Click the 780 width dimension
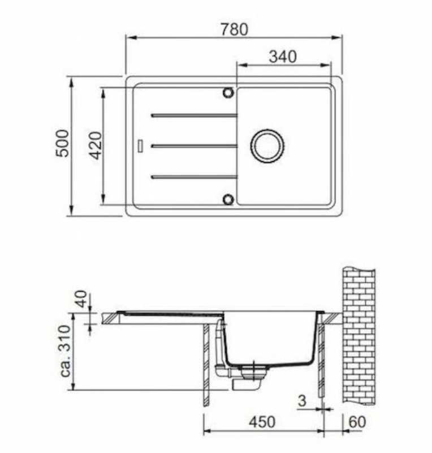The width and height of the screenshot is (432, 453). coord(234,29)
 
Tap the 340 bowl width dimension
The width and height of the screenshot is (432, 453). coord(283,57)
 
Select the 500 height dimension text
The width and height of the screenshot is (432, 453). coord(62,144)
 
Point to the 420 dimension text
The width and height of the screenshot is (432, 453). coord(95,146)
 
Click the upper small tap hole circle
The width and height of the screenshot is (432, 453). coord(228,93)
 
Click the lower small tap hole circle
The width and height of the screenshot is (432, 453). coord(228,199)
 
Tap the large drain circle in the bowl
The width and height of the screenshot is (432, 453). coord(267,146)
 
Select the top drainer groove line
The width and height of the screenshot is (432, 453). coord(194,116)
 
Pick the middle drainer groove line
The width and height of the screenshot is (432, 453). coord(194,146)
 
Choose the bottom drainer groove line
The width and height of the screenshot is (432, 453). coord(194,177)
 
